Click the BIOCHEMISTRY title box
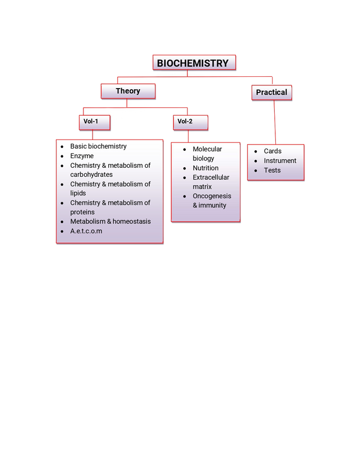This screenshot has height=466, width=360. point(193,63)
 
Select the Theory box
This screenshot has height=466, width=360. point(128,91)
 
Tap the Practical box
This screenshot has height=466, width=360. point(271,92)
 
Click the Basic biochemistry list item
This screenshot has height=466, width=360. point(98,146)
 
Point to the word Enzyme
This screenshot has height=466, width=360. point(82,156)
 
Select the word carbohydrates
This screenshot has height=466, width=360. point(91,175)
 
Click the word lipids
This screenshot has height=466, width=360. point(78,193)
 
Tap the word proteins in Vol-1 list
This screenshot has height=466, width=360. point(82,212)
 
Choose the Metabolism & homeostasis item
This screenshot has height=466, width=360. point(111,221)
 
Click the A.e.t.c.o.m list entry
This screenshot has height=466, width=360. point(86,231)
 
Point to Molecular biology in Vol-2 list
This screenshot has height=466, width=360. point(207,154)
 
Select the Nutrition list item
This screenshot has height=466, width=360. point(205,168)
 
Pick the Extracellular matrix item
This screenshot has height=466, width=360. point(211,182)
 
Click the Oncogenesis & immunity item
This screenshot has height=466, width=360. point(212,201)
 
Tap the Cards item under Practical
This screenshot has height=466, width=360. point(273,151)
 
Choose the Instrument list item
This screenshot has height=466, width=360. point(280,161)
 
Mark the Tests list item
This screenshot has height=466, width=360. point(272,171)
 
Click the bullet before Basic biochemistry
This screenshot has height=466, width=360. point(62,146)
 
